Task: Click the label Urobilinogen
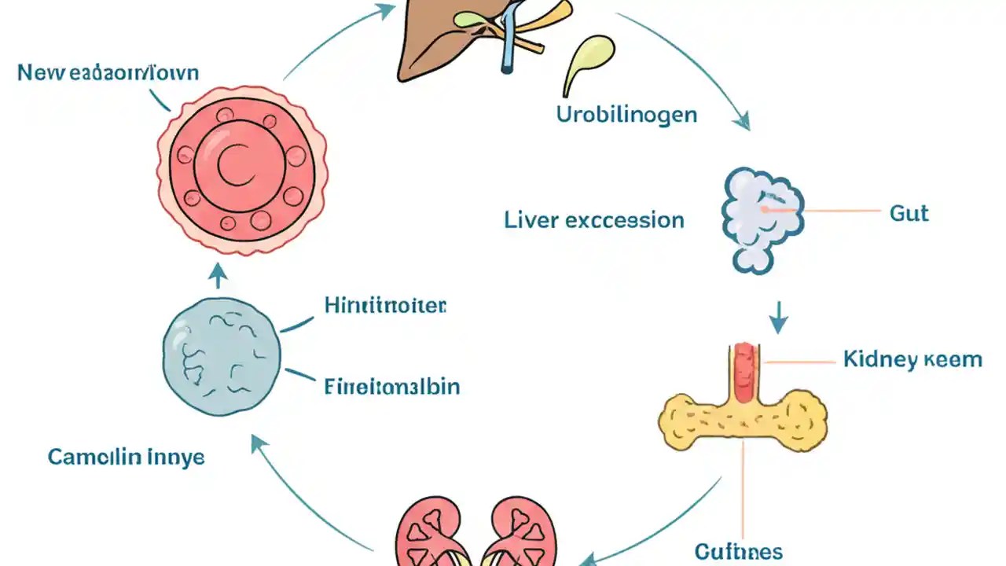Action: [x=626, y=115]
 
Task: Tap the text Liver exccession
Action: [x=594, y=220]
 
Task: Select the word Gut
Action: [x=909, y=213]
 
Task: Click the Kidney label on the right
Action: [x=912, y=360]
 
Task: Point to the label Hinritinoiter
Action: [x=385, y=306]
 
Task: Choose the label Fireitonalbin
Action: [x=391, y=386]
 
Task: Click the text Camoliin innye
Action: [x=126, y=457]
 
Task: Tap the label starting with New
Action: [x=108, y=73]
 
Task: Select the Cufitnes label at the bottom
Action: [x=738, y=550]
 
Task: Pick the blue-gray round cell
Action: [x=221, y=358]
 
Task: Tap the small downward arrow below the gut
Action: [x=778, y=318]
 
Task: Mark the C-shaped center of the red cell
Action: [x=235, y=168]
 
